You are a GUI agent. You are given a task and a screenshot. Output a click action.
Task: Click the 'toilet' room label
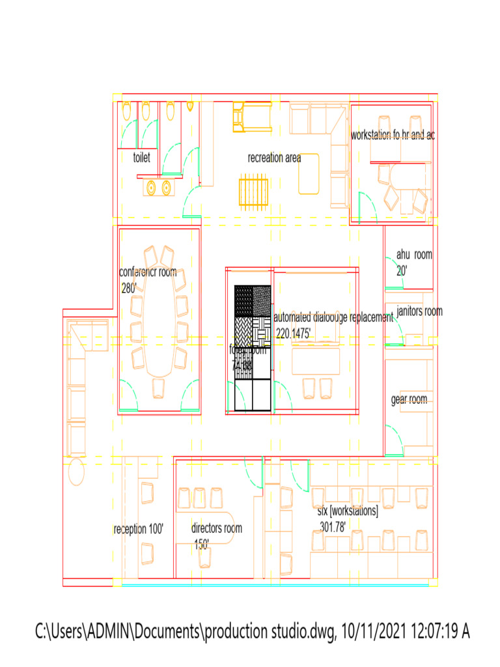click(x=141, y=158)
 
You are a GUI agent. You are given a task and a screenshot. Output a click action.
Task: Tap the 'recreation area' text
click(x=274, y=158)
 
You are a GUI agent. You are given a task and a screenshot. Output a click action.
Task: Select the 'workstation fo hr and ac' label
click(x=393, y=135)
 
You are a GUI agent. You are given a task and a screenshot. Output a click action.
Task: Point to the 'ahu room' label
click(x=414, y=255)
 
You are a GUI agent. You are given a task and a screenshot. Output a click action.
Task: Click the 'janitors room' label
click(x=419, y=311)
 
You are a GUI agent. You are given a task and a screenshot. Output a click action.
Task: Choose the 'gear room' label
click(x=409, y=399)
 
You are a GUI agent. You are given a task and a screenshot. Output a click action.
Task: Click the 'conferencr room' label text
click(x=148, y=272)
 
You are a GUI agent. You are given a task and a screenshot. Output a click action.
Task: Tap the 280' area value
click(x=128, y=288)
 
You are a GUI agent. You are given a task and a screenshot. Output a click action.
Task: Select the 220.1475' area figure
click(x=294, y=333)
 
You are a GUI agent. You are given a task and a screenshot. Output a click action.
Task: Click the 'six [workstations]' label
click(x=348, y=511)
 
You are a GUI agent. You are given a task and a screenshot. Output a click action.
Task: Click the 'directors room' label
click(x=216, y=528)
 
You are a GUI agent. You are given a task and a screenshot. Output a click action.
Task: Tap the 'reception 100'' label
click(x=138, y=530)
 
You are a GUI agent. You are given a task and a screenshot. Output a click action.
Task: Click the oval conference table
click(x=159, y=319)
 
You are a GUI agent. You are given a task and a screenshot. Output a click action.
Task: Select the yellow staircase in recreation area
click(x=253, y=190)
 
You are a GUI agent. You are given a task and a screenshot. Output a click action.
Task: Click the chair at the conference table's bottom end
click(x=159, y=388)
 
